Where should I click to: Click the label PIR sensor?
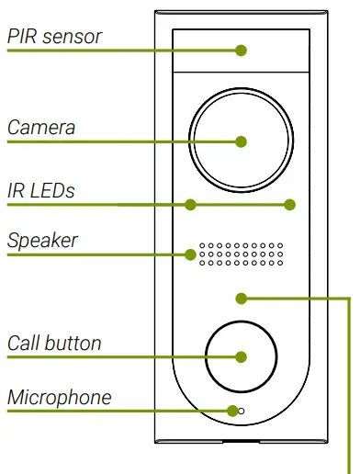54,37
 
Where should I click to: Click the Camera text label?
41,127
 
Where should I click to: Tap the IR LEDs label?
41,191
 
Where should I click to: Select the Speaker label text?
42,241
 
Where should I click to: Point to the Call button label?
54,344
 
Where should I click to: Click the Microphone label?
59,398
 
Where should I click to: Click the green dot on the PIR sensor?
241,51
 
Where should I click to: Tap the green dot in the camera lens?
241,141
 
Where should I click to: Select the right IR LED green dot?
290,204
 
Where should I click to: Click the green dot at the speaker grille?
192,254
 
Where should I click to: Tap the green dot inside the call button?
241,356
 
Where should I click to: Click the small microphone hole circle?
241,411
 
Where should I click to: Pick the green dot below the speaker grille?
241,297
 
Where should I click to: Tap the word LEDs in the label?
52,191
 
